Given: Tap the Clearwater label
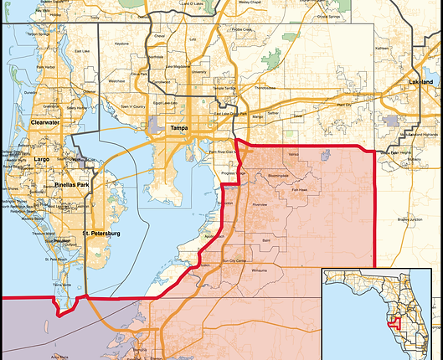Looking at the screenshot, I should [x=44, y=122].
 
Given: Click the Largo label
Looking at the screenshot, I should [x=42, y=158].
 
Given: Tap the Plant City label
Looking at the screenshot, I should [x=345, y=105].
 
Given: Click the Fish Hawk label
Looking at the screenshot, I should [x=299, y=190].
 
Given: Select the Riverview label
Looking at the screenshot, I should [x=260, y=204].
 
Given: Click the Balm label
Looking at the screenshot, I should [x=266, y=240].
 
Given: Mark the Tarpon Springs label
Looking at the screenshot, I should [x=39, y=34].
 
